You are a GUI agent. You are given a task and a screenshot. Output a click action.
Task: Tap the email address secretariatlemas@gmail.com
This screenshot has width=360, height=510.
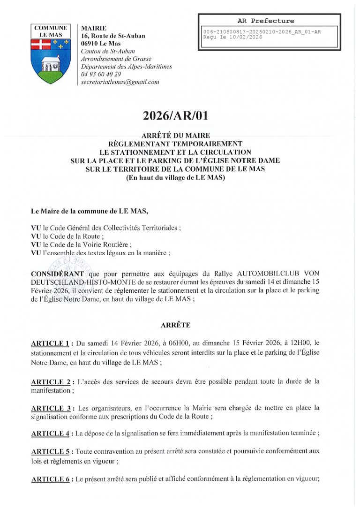click(120, 82)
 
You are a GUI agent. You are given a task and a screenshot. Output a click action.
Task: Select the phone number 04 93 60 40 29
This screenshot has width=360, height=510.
click(101, 74)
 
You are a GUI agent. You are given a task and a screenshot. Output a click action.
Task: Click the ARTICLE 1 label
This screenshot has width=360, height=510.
click(50, 343)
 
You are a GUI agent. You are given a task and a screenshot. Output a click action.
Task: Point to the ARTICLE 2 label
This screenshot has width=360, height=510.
click(50, 381)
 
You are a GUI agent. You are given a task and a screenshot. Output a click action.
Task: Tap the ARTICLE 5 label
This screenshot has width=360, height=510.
click(50, 451)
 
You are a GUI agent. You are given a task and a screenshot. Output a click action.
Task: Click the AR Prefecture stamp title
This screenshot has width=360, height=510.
click(266, 21)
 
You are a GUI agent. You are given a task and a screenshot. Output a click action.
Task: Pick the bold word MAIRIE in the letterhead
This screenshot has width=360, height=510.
click(94, 29)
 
